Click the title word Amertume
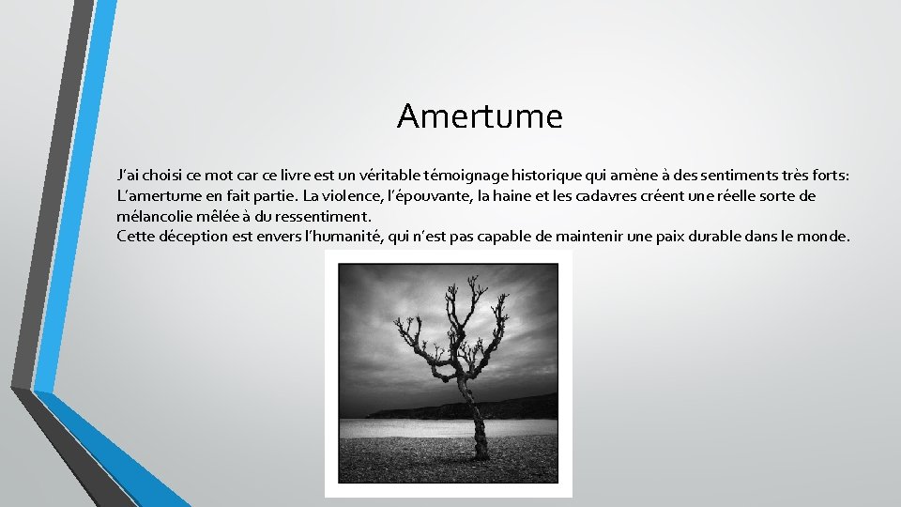[x=480, y=116]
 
